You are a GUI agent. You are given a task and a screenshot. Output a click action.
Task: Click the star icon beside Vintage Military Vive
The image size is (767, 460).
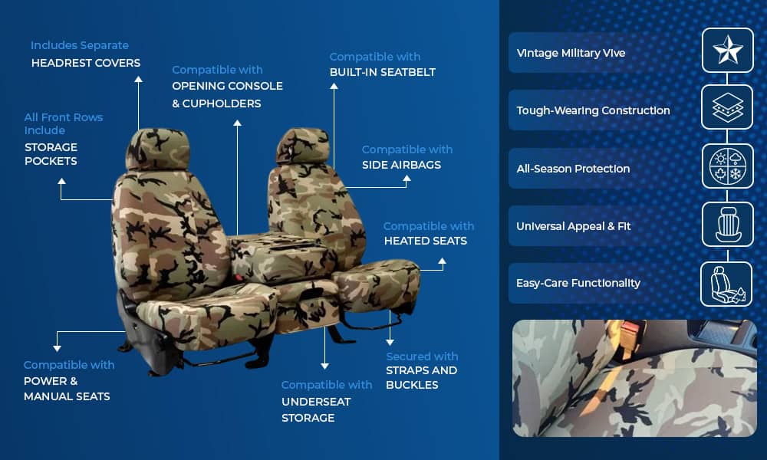(x=727, y=50)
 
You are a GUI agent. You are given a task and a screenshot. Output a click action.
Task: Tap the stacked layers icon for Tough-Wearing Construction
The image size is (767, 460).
(x=727, y=107)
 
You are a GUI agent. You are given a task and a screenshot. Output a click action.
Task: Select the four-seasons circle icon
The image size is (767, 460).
(x=727, y=166)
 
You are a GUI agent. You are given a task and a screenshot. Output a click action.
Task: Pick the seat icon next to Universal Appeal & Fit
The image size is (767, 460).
(x=728, y=225)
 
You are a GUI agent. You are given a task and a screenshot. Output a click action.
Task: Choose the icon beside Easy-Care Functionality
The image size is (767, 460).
(x=727, y=284)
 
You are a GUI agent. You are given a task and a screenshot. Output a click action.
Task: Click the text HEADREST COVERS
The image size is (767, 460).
(x=86, y=63)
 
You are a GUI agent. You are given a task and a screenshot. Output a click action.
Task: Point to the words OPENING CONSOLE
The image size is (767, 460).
(x=228, y=86)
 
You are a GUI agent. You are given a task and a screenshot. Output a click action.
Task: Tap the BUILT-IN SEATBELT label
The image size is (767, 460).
(x=383, y=72)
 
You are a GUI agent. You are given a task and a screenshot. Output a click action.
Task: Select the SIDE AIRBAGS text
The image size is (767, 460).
(x=402, y=166)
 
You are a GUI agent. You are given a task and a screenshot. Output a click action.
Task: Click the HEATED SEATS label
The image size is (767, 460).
(x=426, y=241)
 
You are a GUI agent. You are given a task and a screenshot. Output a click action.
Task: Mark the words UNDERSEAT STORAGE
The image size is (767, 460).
(x=316, y=409)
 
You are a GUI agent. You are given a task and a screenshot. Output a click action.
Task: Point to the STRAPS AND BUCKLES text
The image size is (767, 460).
(x=422, y=378)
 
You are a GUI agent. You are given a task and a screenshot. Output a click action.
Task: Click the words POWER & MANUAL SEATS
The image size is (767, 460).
(x=67, y=389)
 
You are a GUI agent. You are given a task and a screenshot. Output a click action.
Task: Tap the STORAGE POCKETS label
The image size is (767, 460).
(x=51, y=154)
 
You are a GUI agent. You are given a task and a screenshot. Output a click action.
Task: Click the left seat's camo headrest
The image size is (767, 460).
(x=157, y=149)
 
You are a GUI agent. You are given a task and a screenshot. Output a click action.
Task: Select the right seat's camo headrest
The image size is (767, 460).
(x=302, y=146)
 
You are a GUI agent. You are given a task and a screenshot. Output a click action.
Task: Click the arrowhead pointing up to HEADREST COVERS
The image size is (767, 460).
(x=138, y=79)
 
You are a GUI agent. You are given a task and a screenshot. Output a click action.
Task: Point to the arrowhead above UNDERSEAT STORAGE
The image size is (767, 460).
(x=324, y=366)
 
